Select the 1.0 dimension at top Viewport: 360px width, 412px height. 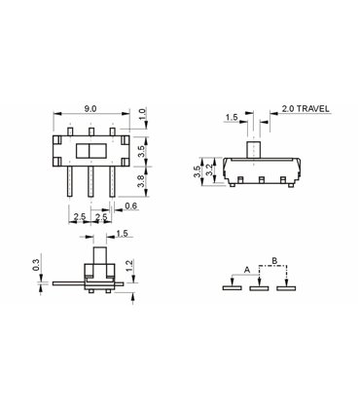[143, 115]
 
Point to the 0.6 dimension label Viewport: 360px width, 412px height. [130, 206]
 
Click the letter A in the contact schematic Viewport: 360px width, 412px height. [247, 268]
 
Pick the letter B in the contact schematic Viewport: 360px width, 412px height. [273, 260]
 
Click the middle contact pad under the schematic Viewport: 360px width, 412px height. [259, 287]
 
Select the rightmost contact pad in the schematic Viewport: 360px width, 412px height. [285, 287]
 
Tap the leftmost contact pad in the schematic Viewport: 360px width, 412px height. [232, 287]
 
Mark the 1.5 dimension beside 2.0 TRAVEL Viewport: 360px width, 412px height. [232, 117]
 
